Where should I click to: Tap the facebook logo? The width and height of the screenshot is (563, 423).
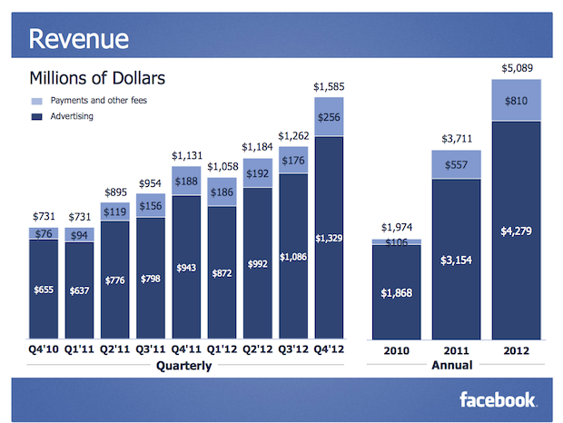coord(498,399)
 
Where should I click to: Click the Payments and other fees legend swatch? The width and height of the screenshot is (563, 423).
coord(36,101)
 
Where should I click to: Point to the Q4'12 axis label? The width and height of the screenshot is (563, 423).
coord(330,349)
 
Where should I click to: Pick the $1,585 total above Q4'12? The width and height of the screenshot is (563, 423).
coord(330,87)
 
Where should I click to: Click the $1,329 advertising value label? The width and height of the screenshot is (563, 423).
coord(330,238)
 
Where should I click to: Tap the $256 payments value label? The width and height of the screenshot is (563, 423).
coord(330,117)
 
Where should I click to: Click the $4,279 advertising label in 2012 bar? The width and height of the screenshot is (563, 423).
coord(514,231)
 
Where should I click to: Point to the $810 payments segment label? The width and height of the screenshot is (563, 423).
coord(514,101)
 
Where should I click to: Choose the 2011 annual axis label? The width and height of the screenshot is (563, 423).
coord(455,349)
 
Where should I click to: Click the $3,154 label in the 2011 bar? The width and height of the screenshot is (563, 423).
coord(455,261)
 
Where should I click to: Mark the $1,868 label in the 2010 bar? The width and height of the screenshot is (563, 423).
coord(396,292)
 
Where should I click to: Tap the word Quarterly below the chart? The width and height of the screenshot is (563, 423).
coord(185,366)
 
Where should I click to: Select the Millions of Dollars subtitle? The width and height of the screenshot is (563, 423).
coord(97,78)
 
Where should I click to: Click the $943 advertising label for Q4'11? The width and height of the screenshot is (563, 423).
coord(185,268)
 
